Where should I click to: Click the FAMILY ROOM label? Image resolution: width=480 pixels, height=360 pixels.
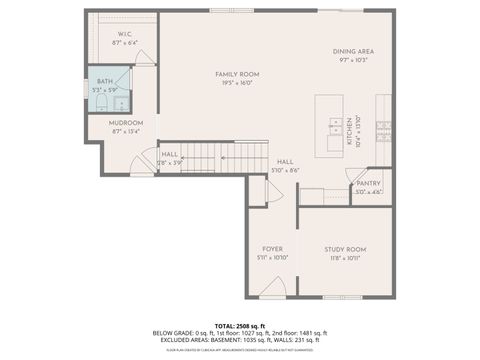point(237,74)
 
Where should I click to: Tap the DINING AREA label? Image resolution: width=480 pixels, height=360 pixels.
point(353,51)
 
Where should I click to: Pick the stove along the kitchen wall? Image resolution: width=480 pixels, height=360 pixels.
point(383,126)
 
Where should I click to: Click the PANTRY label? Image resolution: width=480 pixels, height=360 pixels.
point(368,184)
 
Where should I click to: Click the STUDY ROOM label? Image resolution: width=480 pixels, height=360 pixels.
point(344,249)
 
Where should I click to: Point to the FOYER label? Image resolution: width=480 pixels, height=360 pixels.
point(273,249)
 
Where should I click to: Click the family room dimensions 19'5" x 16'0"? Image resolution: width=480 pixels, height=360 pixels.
point(237,84)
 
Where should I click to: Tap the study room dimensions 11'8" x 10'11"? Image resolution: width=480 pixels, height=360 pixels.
point(344,258)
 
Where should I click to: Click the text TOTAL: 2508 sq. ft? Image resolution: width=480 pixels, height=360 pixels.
point(240,326)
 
